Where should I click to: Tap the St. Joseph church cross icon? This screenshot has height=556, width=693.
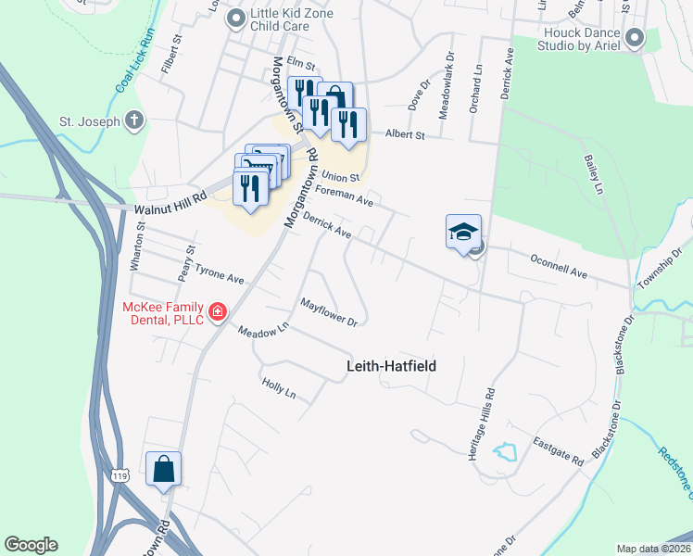134,120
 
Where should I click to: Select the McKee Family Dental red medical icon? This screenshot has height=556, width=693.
218,312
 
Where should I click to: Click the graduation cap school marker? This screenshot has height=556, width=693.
463,232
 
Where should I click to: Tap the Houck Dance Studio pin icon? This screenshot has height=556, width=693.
635,37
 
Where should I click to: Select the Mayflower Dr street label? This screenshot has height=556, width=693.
329,312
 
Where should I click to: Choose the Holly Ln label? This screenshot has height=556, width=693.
278,388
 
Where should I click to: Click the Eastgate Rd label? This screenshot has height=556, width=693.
559,451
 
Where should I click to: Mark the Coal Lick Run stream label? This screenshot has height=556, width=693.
135,63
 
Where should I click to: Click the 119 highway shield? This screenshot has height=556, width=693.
118,475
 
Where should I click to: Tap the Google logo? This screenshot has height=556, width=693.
31,545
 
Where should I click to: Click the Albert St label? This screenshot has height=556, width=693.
404,134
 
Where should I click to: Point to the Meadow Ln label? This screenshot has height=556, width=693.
263,329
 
